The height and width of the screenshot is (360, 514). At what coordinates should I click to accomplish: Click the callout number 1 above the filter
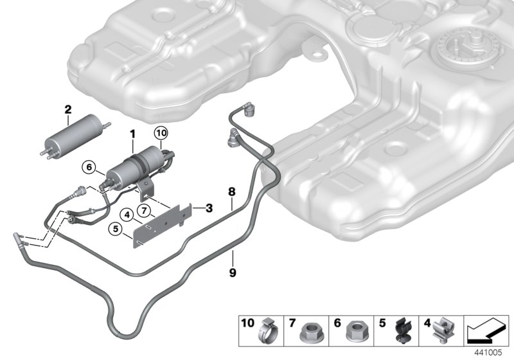click(132, 136)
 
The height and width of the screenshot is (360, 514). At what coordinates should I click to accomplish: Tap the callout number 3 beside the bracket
click(209, 208)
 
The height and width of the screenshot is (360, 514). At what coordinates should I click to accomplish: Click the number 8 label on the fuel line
click(232, 191)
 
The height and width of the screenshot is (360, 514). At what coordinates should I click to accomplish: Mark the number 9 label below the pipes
click(232, 272)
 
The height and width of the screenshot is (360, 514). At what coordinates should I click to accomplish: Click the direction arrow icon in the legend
click(483, 331)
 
